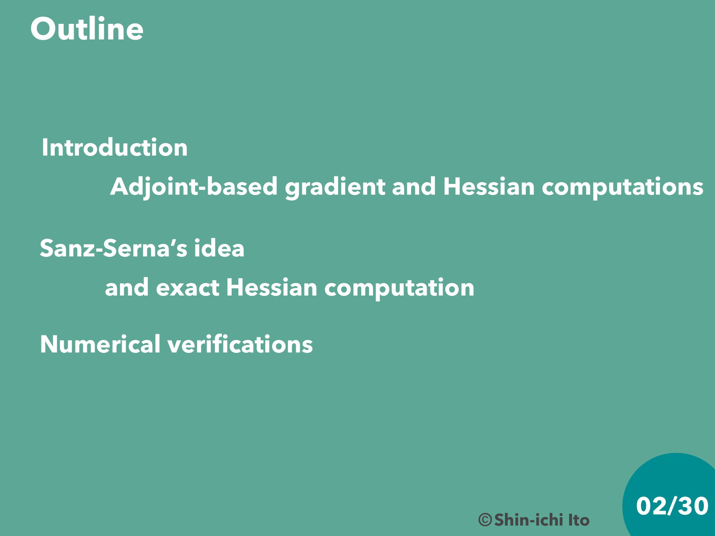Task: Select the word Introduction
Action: (115, 147)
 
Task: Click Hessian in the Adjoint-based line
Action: (489, 186)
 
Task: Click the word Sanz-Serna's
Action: (114, 248)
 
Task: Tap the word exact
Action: (187, 288)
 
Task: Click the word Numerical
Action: (100, 344)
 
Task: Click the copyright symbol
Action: (485, 520)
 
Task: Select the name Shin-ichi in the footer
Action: (528, 520)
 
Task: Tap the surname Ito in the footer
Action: (579, 520)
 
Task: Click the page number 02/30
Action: (672, 506)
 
